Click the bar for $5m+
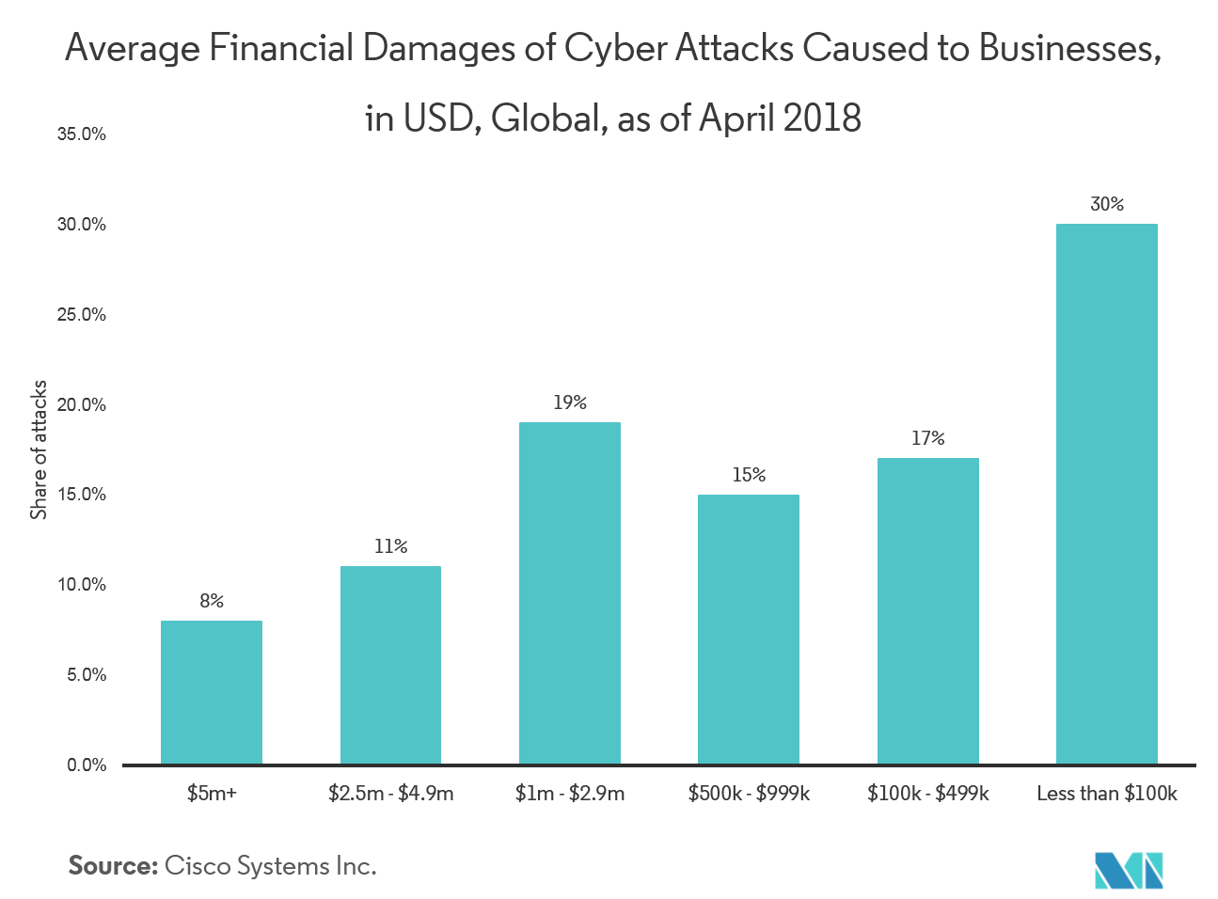(x=212, y=692)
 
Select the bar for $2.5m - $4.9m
(x=390, y=665)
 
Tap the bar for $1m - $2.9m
(x=570, y=592)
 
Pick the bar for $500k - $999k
(x=749, y=629)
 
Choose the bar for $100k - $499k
(x=927, y=611)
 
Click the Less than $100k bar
(x=1107, y=494)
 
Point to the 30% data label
(x=1107, y=204)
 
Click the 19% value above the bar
(x=570, y=402)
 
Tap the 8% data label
(x=212, y=601)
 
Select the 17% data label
(x=927, y=438)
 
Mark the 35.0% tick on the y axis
(x=82, y=134)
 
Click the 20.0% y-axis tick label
(x=82, y=405)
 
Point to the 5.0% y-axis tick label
(x=86, y=675)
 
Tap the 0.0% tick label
(x=86, y=765)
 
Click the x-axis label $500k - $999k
(x=749, y=794)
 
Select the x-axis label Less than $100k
(x=1107, y=794)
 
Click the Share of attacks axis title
(x=39, y=449)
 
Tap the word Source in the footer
(x=112, y=866)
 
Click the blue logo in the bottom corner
(x=1129, y=870)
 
